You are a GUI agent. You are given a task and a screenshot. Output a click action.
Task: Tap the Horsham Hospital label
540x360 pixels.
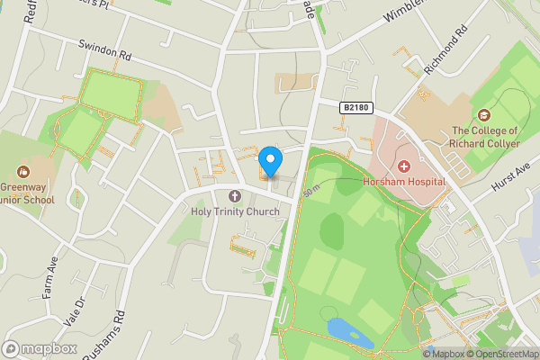(x=403, y=181)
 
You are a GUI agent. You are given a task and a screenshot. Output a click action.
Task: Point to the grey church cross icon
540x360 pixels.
(x=236, y=196)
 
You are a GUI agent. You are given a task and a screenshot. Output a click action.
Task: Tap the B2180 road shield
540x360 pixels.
(x=356, y=107)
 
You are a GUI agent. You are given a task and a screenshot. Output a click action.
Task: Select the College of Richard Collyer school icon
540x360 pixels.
(x=484, y=115)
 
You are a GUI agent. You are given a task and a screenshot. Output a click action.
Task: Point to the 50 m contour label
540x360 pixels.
(x=311, y=193)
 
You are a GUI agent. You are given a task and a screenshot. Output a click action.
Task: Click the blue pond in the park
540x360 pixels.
(x=349, y=331)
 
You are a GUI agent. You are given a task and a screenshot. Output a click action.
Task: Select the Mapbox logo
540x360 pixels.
(x=40, y=348)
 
